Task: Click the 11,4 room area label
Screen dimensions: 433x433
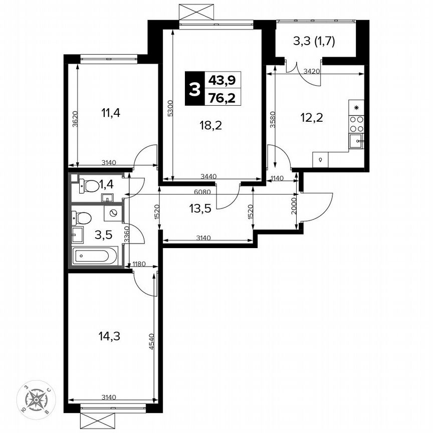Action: tap(111, 112)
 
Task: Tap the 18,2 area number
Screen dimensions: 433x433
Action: tap(209, 125)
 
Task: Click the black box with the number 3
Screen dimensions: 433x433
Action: tap(193, 88)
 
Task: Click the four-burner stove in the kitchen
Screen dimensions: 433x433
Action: tap(356, 124)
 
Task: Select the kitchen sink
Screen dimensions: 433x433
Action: tap(356, 141)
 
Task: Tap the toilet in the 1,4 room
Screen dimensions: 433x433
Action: tap(89, 186)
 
